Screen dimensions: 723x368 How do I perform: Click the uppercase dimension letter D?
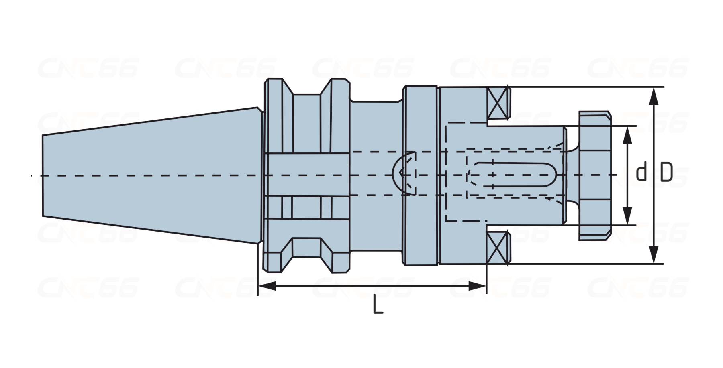666,172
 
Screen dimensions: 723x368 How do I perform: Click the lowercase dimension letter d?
642,172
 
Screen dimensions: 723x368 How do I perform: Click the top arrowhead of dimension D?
654,97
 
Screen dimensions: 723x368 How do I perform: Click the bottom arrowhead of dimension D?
654,254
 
